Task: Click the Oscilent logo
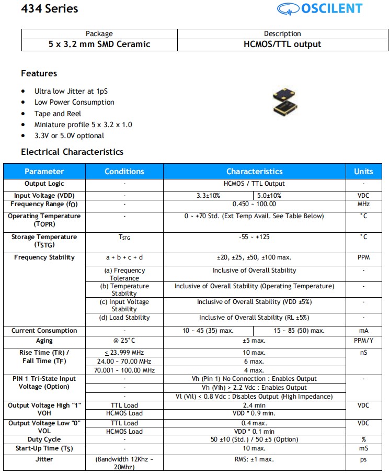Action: pyautogui.click(x=327, y=9)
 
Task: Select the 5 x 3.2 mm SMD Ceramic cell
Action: pyautogui.click(x=99, y=44)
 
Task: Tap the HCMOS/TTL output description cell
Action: pyautogui.click(x=282, y=44)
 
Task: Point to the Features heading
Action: pyautogui.click(x=39, y=73)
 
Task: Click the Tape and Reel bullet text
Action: pyautogui.click(x=58, y=114)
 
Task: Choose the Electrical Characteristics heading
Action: pyautogui.click(x=72, y=152)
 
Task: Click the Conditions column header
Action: pyautogui.click(x=124, y=171)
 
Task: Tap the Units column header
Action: pyautogui.click(x=363, y=171)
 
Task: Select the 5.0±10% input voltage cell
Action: pyautogui.click(x=269, y=195)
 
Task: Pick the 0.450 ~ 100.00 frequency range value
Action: pyautogui.click(x=254, y=204)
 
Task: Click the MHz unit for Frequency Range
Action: pyautogui.click(x=363, y=204)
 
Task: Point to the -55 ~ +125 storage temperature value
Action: pyautogui.click(x=254, y=237)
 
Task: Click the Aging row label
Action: pyautogui.click(x=44, y=341)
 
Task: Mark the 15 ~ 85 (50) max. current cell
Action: pyautogui.click(x=299, y=331)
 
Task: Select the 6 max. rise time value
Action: pyautogui.click(x=254, y=362)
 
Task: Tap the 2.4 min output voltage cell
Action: pyautogui.click(x=254, y=405)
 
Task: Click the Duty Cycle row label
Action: pyautogui.click(x=44, y=439)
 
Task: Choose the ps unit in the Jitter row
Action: pyautogui.click(x=363, y=459)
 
